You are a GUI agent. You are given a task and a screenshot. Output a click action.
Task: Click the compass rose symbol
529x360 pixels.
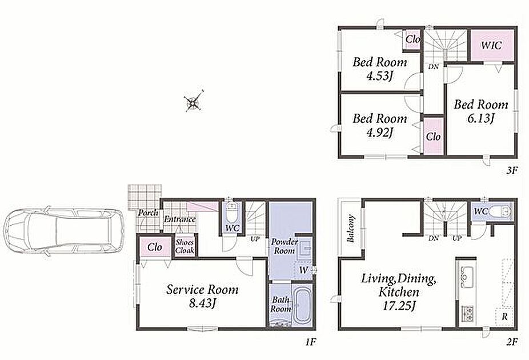click(x=193, y=101)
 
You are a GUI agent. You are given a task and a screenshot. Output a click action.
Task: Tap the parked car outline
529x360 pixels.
click(x=63, y=231)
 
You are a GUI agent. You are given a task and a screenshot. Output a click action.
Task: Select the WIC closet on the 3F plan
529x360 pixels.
click(x=492, y=46)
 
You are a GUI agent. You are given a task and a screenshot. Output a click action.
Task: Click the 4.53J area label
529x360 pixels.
click(x=379, y=76)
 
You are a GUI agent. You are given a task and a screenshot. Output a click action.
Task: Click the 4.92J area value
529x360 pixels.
click(x=379, y=133)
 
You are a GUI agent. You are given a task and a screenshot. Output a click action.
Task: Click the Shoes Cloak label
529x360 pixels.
click(x=185, y=247)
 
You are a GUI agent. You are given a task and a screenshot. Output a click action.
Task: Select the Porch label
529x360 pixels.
click(x=148, y=213)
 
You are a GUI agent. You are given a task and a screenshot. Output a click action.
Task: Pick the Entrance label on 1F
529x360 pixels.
click(x=180, y=219)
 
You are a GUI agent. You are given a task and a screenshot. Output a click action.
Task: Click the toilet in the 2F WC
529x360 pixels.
click(x=500, y=212)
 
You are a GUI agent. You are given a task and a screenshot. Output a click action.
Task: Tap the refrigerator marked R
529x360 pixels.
click(x=504, y=317)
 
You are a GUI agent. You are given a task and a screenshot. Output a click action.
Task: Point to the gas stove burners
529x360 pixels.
click(x=467, y=313)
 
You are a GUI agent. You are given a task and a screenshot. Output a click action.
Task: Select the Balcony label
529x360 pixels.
click(x=351, y=229)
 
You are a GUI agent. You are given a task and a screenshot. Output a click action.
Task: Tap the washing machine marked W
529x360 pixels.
click(x=304, y=270)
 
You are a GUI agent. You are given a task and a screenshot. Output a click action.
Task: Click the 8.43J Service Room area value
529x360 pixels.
click(x=202, y=303)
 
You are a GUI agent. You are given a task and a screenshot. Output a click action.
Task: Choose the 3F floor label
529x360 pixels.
click(x=511, y=170)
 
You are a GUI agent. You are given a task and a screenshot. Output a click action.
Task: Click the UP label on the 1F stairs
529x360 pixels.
click(x=255, y=239)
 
